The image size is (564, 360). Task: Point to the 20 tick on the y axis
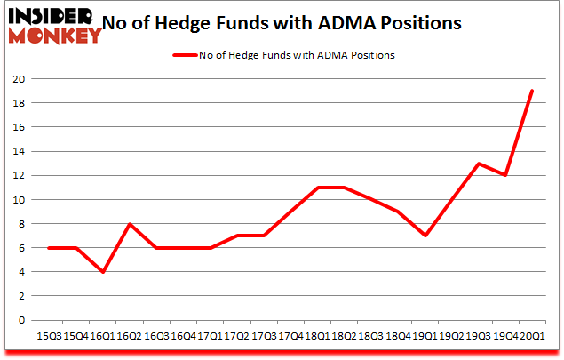coord(17,79)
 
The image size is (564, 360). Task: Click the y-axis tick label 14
coord(17,152)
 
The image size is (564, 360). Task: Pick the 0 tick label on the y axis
coord(20,321)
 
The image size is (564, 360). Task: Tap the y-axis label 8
coord(20,224)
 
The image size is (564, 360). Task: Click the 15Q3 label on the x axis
coord(48,336)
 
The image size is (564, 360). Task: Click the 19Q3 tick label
coord(478,336)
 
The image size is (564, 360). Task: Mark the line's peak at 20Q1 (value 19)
coord(531,91)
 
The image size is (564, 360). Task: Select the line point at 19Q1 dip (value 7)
coord(425,236)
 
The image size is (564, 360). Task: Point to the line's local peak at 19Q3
coord(479,164)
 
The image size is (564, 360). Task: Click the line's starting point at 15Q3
coord(48,248)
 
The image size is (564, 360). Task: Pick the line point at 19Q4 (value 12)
coord(504,175)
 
